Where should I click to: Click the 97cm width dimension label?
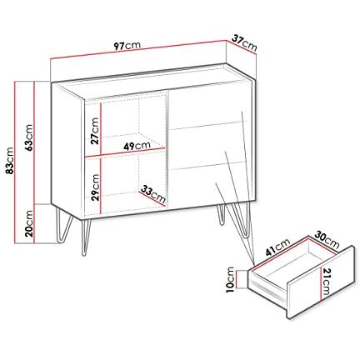[x=127, y=46]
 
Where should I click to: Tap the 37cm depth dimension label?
[x=244, y=42]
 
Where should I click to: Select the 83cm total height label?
[x=9, y=161]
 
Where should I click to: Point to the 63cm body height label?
[x=28, y=137]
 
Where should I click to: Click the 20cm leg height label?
[x=28, y=223]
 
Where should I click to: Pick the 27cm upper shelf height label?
[x=95, y=131]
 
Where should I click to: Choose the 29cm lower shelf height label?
[x=95, y=187]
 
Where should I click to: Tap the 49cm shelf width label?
[x=137, y=146]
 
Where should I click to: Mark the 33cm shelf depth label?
[x=153, y=193]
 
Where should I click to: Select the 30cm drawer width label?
[x=327, y=240]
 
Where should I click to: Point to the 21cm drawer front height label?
[x=327, y=282]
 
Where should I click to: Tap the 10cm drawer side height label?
[x=231, y=280]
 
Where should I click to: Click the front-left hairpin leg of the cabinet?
[x=87, y=237]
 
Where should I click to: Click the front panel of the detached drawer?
[x=321, y=282]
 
